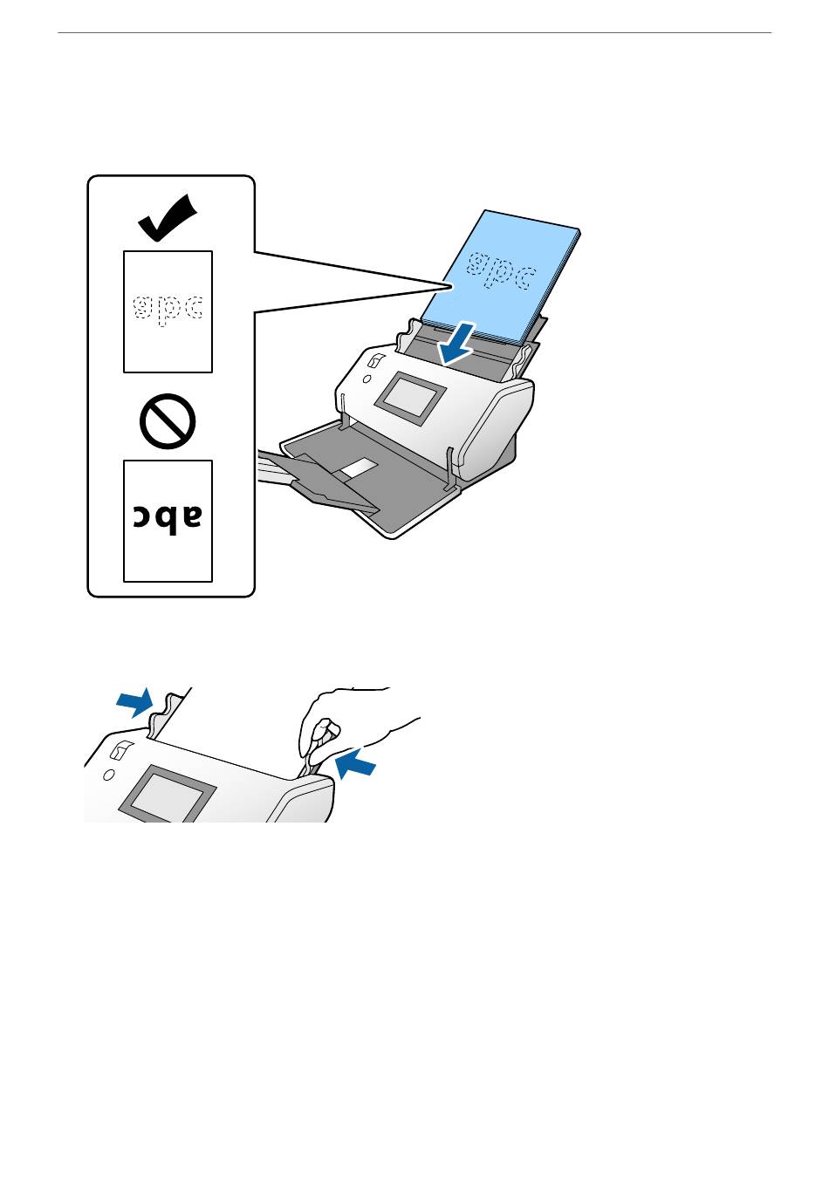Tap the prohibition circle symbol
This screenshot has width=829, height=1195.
point(167,421)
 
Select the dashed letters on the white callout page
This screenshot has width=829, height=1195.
point(168,310)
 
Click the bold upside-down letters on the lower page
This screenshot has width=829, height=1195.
point(168,517)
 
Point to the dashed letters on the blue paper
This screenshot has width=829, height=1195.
point(501,271)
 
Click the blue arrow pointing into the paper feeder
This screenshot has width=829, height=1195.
point(456,344)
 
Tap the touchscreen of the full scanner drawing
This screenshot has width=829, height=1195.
point(409,398)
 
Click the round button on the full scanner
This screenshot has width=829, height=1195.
point(367,379)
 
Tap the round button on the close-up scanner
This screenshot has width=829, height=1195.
point(108,775)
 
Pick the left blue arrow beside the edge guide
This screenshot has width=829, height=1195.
point(134,702)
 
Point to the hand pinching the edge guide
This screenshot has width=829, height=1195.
point(353,726)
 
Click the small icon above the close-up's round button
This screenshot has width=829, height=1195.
point(118,750)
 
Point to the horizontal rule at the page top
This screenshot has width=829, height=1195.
point(414,32)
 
